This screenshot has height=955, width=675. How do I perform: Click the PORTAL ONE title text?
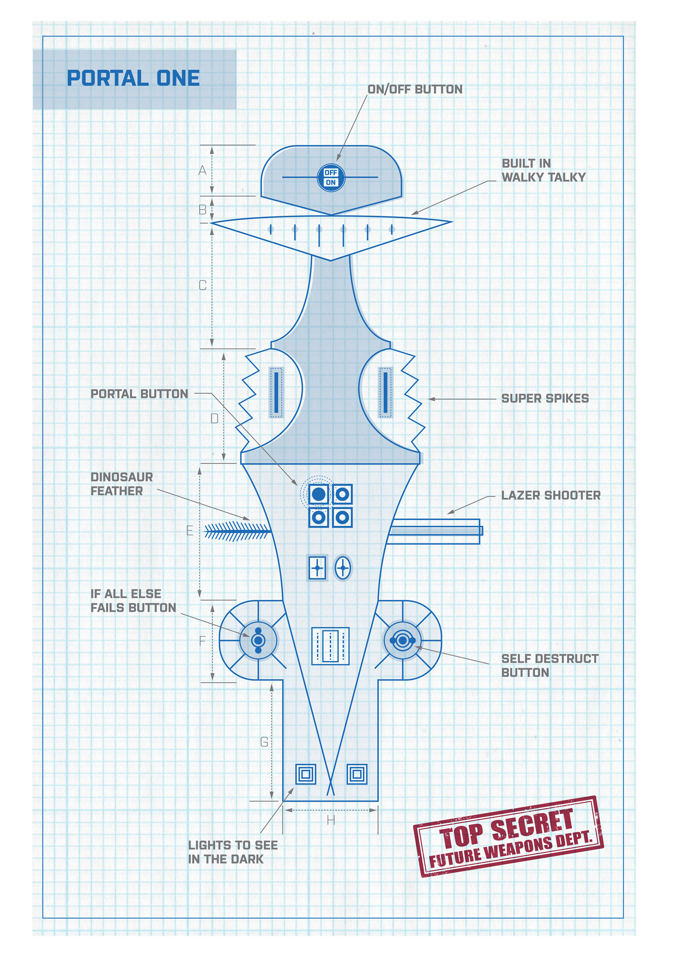[x=133, y=78]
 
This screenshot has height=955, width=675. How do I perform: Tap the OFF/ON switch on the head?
[x=331, y=178]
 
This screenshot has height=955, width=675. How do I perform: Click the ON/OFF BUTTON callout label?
[x=415, y=89]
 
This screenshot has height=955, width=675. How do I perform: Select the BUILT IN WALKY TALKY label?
[x=543, y=170]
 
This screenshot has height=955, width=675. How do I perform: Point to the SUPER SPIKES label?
[x=545, y=399]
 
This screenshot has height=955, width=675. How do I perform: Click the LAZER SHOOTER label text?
[x=551, y=495]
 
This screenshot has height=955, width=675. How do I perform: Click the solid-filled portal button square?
[x=319, y=495]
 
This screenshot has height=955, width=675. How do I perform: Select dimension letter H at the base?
[x=331, y=821]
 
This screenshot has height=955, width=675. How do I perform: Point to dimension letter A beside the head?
[x=202, y=170]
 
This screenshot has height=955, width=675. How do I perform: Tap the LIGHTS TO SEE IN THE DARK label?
[x=233, y=852]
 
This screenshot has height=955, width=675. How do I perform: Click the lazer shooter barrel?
[x=435, y=531]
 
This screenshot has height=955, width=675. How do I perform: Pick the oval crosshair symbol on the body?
[x=343, y=568]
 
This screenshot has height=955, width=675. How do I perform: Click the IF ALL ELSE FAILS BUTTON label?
[x=133, y=601]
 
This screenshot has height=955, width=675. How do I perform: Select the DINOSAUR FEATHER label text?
[x=122, y=484]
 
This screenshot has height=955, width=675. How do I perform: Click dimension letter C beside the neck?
[x=202, y=285]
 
